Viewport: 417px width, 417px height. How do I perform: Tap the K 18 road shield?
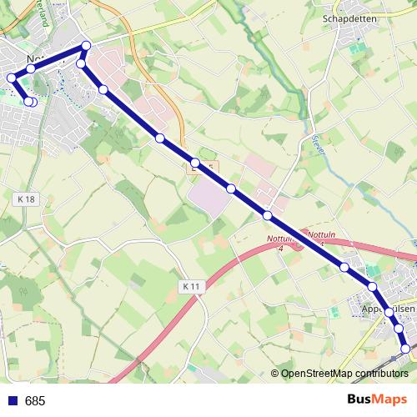27,199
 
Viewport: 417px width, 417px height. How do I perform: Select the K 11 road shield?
192,286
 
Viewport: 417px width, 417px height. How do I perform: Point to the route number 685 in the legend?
35,400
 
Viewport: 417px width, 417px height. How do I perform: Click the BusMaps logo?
376,399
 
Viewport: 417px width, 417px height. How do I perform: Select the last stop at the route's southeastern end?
406,349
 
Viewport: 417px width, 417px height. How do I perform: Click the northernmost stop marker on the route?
86,46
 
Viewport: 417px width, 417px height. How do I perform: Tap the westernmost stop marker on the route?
11,78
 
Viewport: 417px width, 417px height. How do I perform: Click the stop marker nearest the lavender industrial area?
230,189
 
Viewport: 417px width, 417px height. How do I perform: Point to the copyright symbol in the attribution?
274,374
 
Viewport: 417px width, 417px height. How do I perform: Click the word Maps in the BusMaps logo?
390,399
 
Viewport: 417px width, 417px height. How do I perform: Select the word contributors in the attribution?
379,374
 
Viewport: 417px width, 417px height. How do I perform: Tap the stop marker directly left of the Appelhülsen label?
372,287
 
